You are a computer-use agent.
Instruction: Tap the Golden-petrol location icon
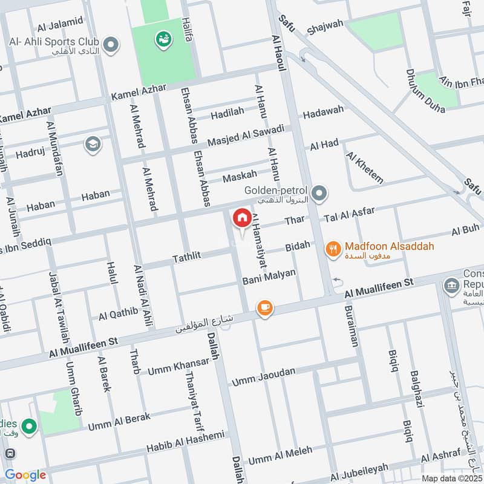tap(320, 194)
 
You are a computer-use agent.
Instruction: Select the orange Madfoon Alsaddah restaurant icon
tap(332, 248)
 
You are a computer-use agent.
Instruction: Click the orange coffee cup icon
tap(264, 308)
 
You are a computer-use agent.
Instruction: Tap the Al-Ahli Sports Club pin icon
tap(111, 44)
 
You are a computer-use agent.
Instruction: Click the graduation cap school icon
tap(93, 145)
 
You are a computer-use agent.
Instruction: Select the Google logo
tap(25, 475)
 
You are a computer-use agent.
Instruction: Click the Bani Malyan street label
tap(269, 276)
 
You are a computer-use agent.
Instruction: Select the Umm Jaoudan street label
tap(264, 376)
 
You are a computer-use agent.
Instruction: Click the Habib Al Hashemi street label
tap(185, 442)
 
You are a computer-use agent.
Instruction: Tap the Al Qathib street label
tap(119, 314)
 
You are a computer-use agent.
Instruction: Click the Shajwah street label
tap(325, 27)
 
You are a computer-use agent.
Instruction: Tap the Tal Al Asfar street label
tap(350, 214)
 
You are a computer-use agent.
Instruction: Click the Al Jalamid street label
tap(60, 24)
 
